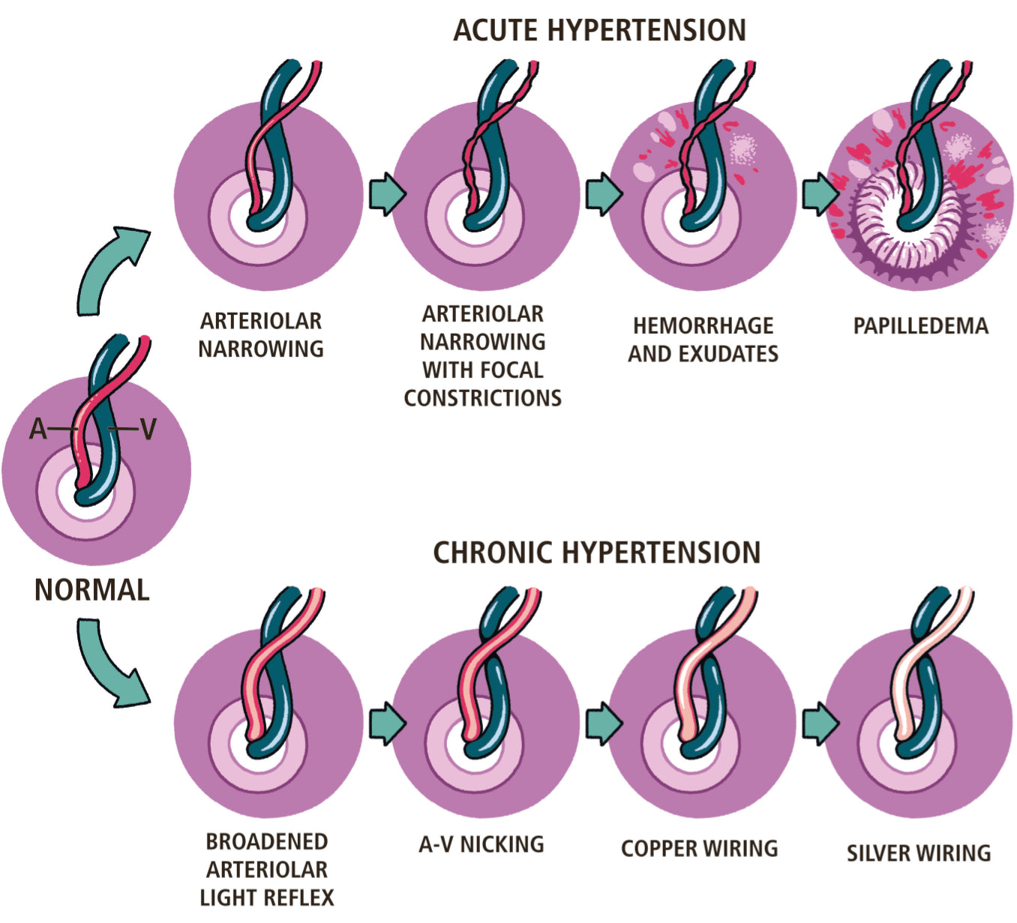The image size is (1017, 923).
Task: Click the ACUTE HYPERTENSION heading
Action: [599, 31]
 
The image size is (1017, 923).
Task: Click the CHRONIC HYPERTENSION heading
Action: [596, 553]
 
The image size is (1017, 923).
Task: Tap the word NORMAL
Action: [91, 590]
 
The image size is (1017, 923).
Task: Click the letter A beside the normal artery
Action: [38, 430]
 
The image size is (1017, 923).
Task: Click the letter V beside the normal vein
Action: [148, 430]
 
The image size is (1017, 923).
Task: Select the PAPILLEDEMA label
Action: [920, 326]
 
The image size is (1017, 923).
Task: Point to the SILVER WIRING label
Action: [918, 853]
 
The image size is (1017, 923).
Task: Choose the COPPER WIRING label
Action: [699, 849]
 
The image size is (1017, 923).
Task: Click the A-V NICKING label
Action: [481, 844]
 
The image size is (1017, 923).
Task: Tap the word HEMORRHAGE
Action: [703, 326]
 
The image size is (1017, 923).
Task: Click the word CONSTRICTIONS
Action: [482, 398]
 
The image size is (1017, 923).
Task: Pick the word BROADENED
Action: [266, 842]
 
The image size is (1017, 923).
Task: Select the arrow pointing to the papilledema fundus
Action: [820, 195]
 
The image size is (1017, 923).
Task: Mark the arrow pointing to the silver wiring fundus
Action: [820, 724]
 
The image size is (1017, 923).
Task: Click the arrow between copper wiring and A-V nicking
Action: [603, 724]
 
